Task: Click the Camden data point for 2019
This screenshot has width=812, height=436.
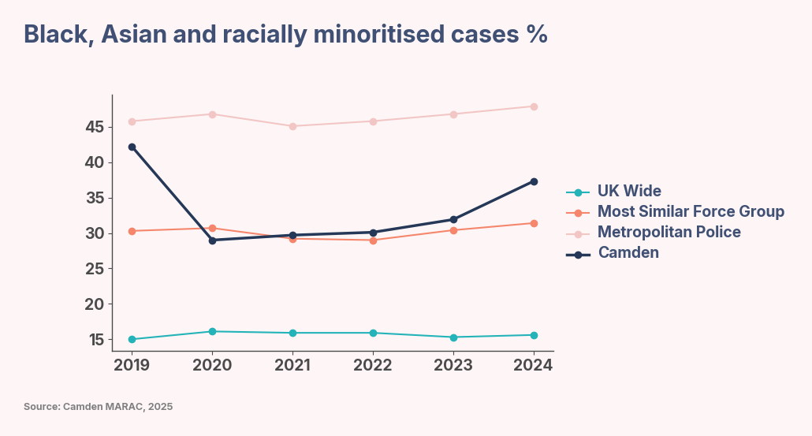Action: coord(132,147)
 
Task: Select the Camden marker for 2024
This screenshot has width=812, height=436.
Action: coord(534,181)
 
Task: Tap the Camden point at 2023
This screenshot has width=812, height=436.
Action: coord(453,219)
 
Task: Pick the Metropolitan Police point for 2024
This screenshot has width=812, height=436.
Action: coord(534,106)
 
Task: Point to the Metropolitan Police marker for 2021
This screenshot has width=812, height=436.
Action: coord(292,126)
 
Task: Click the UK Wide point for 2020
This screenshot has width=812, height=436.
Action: coord(212,331)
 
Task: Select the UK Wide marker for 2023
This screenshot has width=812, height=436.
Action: coord(453,337)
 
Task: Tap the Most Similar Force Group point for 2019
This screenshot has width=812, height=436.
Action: coord(132,231)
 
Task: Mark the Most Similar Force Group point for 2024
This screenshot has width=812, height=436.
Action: coord(534,223)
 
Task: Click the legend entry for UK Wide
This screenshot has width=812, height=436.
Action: coord(628,191)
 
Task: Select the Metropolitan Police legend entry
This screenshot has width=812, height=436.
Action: coord(669,232)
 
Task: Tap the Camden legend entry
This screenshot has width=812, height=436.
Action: coord(628,252)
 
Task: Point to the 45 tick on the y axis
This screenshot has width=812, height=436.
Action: coord(95,127)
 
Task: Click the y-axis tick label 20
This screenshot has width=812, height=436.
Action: coord(95,304)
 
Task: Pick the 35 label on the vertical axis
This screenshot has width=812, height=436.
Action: coord(95,198)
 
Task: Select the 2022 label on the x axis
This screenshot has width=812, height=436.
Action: coord(373,364)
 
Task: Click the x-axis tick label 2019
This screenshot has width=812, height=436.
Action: coord(132,364)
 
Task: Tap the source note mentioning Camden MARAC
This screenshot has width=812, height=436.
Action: coord(98,407)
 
